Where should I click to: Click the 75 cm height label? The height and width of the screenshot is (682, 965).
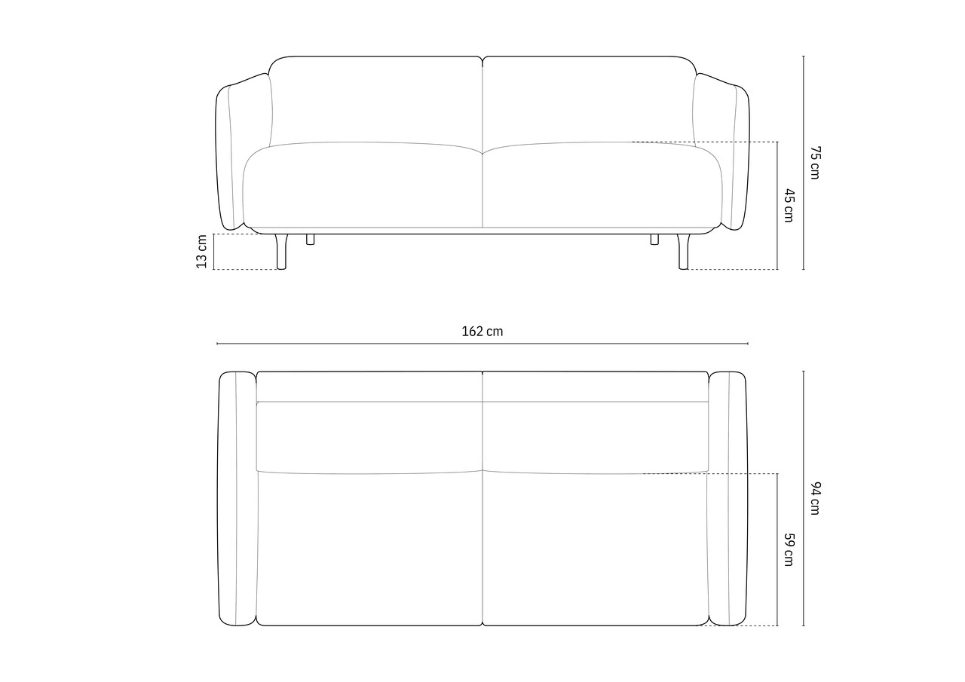(x=815, y=162)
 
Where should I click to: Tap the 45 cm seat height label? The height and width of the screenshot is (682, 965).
(x=789, y=206)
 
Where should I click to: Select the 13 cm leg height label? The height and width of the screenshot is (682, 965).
(x=201, y=252)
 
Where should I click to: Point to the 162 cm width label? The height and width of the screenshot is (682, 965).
(x=482, y=331)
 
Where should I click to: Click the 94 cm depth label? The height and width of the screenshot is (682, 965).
(x=815, y=497)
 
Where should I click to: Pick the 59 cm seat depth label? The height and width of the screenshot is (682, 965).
(x=789, y=549)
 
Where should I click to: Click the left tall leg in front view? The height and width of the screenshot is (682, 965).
(x=281, y=252)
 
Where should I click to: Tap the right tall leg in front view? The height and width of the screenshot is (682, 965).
(x=683, y=252)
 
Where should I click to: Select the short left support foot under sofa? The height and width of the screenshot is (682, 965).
(x=310, y=240)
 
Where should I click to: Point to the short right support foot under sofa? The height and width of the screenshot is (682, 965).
(x=654, y=240)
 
